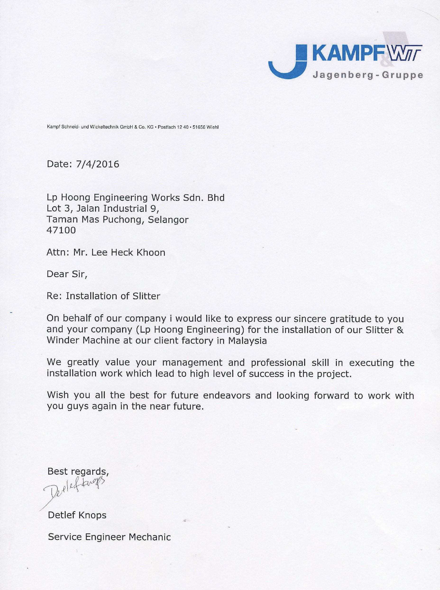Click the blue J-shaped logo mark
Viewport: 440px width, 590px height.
[x=288, y=63]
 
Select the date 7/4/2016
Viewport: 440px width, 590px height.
[x=97, y=164]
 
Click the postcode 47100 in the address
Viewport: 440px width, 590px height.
[x=61, y=230]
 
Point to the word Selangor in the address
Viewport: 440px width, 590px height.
[x=168, y=219]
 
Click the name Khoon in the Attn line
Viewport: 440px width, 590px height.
[x=151, y=252]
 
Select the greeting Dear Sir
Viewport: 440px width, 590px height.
[x=67, y=274]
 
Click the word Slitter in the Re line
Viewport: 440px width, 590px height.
[x=146, y=296]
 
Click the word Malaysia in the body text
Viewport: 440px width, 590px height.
[x=247, y=341]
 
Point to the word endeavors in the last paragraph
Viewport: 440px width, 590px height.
[x=227, y=396]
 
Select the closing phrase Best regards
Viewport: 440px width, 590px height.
[x=78, y=471]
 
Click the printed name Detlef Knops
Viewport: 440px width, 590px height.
[x=77, y=515]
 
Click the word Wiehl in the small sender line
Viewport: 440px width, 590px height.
[x=213, y=127]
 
